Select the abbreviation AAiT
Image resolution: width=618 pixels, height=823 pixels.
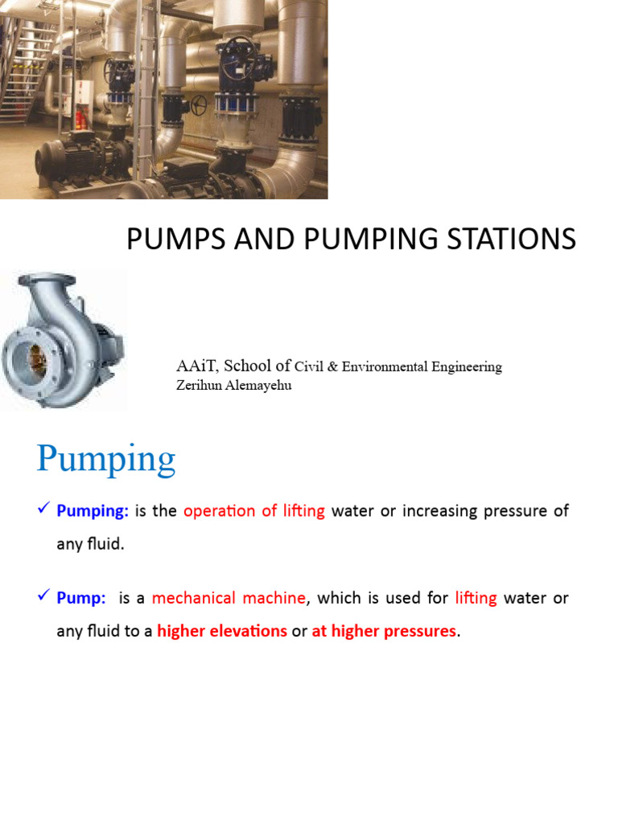pyautogui.click(x=197, y=366)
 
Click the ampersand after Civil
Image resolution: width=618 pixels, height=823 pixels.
pyautogui.click(x=332, y=367)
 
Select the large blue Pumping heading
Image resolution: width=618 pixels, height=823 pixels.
pyautogui.click(x=106, y=460)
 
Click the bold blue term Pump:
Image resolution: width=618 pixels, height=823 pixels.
pyautogui.click(x=81, y=599)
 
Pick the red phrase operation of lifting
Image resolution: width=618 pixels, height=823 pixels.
pyautogui.click(x=254, y=511)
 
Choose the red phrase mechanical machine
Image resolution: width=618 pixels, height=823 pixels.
pyautogui.click(x=229, y=599)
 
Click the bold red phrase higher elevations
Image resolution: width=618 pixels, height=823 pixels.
pyautogui.click(x=222, y=632)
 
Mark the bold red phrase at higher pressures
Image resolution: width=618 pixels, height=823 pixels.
pyautogui.click(x=384, y=632)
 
